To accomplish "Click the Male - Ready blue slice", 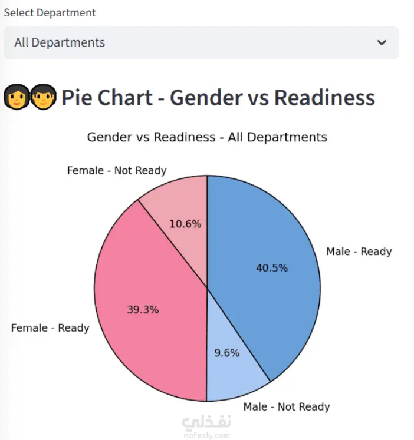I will click(x=277, y=236).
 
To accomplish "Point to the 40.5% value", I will click(x=272, y=268).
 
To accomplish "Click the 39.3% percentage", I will click(x=143, y=310).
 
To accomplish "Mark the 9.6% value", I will click(x=226, y=353).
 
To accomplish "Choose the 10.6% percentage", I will click(x=185, y=224).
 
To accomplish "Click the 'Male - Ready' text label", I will click(x=359, y=252).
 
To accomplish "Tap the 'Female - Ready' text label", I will click(x=50, y=328).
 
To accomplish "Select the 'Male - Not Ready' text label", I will click(x=287, y=407).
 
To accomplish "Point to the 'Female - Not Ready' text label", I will click(x=117, y=171).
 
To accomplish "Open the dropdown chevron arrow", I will click(x=382, y=42).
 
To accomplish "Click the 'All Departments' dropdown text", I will click(x=60, y=42).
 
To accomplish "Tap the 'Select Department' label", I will click(x=50, y=12).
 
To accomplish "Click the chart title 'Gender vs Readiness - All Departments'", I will click(x=207, y=137).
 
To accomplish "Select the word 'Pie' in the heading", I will click(x=76, y=98).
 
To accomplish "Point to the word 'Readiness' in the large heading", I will click(x=324, y=98).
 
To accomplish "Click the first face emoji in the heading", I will click(x=16, y=97).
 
